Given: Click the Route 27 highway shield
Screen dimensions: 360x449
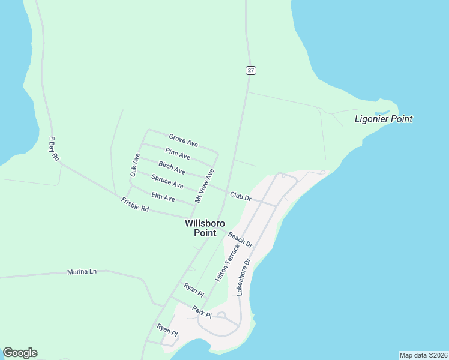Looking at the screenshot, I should coord(251,70).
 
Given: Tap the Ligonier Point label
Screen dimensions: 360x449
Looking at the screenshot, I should coord(384,119).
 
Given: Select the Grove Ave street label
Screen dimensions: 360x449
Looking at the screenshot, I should coord(183,140).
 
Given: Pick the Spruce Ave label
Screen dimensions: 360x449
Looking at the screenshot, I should coord(167,181).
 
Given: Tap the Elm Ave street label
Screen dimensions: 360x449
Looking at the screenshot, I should coord(163,196).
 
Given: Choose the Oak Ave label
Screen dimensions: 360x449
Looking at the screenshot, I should coord(135,164).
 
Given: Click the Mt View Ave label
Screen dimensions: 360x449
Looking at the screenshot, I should coord(205,185).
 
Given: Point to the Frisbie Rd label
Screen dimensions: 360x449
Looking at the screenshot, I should coord(134,204).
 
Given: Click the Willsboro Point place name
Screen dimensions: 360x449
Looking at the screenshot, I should coord(200,227).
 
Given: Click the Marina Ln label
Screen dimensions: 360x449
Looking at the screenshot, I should coord(82,272).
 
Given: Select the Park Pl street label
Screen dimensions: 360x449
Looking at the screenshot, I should coord(202,312).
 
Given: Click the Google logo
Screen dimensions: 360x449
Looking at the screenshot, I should coord(20,353).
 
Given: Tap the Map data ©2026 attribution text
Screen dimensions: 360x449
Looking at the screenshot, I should coord(423,355).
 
